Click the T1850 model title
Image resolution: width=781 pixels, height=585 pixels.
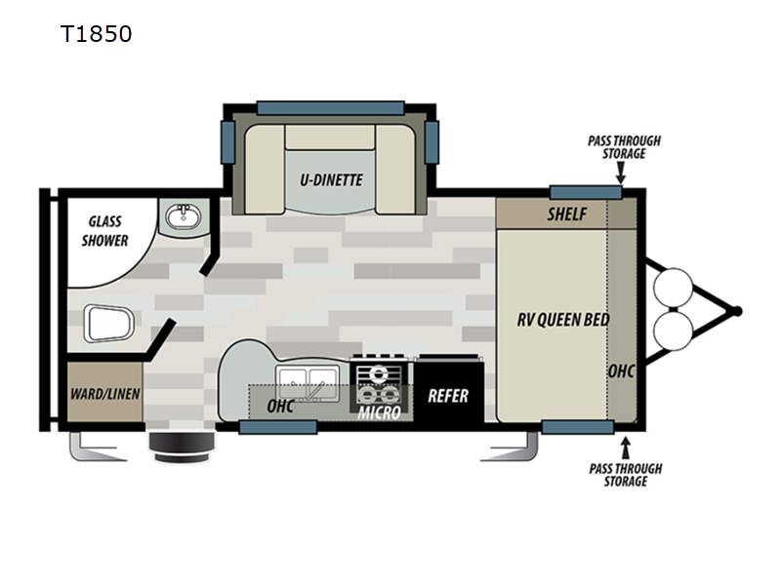point(96,34)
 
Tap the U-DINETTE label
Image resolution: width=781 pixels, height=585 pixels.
point(331,179)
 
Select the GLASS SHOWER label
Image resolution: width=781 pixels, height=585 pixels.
point(105,231)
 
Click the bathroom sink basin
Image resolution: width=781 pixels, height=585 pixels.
point(183,217)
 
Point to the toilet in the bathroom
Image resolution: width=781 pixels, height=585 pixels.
point(108,324)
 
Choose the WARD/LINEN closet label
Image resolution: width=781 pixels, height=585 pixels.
point(104,394)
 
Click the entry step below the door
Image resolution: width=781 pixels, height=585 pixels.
point(183,447)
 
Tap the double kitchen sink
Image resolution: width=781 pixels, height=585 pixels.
point(308,383)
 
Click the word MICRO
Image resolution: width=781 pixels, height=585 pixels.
point(379,412)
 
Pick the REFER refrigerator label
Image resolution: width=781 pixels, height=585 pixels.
point(448,396)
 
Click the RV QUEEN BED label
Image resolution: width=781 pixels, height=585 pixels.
point(563,320)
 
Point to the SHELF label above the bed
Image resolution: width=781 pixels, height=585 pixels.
point(567,214)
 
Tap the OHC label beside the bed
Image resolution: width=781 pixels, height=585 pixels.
point(621,370)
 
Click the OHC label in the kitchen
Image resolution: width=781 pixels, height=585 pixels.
point(280,406)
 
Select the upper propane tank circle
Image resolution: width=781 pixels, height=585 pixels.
point(673,288)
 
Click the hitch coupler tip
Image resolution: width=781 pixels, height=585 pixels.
point(737,311)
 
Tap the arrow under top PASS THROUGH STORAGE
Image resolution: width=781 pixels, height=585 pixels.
point(621,174)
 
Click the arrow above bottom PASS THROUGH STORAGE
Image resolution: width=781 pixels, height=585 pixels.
point(626,448)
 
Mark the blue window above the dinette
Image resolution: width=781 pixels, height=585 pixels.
point(330,108)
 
